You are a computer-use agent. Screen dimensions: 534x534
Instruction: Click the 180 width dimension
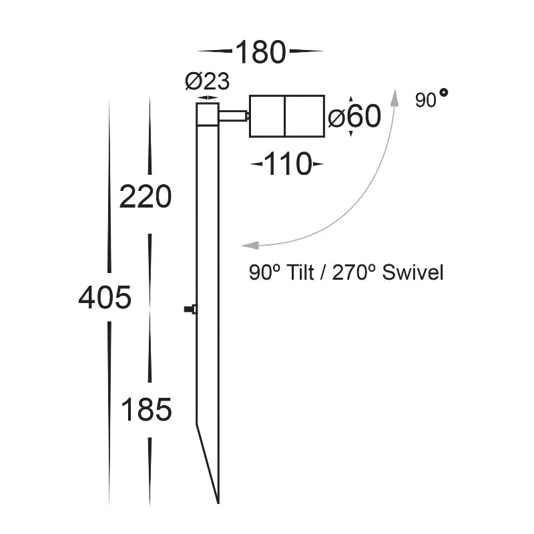click(260, 52)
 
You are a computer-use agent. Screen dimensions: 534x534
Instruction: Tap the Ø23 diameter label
click(208, 81)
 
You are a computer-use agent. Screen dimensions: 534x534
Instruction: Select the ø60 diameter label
click(354, 116)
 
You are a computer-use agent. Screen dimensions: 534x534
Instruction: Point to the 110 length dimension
click(288, 164)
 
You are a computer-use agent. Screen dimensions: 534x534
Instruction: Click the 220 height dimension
click(146, 196)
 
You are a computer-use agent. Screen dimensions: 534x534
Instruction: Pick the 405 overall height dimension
click(105, 298)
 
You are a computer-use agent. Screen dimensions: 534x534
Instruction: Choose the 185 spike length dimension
click(146, 410)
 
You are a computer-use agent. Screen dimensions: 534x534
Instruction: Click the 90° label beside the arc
click(431, 99)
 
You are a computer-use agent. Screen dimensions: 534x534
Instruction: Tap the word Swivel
click(413, 273)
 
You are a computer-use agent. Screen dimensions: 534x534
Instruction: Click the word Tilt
click(300, 273)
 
